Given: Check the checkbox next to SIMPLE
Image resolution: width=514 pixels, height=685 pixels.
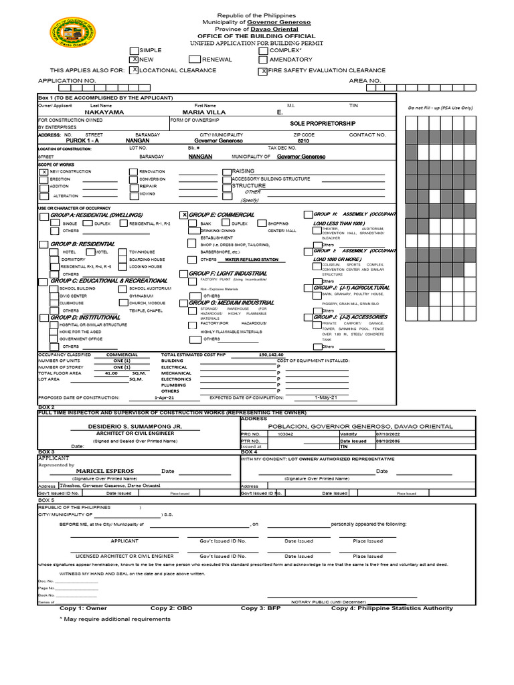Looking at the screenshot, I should pos(135,50).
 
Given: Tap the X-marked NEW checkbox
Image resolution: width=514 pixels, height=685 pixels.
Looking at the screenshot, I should pos(135,60).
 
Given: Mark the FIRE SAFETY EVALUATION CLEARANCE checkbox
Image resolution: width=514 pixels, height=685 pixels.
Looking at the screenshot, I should pos(263,70).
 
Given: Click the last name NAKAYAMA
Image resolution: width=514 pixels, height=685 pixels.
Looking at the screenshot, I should pos(104,113).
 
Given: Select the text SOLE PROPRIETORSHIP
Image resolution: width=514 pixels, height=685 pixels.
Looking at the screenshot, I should pos(323,124).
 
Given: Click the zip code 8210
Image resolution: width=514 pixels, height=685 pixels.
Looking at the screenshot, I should pos(303,141).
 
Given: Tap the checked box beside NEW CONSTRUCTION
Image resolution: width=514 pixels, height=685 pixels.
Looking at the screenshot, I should pos(44,172).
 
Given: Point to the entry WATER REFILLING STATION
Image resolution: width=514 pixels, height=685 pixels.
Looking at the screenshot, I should pos(251,259).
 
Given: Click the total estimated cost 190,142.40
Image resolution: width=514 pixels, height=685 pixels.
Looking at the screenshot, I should pos(270,355).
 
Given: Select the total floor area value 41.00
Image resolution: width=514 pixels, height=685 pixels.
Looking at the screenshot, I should pos(110,373).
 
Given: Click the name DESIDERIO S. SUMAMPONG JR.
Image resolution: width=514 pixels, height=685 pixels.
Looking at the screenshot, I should pos(135,426).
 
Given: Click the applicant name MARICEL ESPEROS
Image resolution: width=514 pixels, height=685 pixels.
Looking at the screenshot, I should pos(106,470).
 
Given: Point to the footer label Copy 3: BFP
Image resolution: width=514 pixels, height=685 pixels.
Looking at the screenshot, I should pos(262,608).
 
